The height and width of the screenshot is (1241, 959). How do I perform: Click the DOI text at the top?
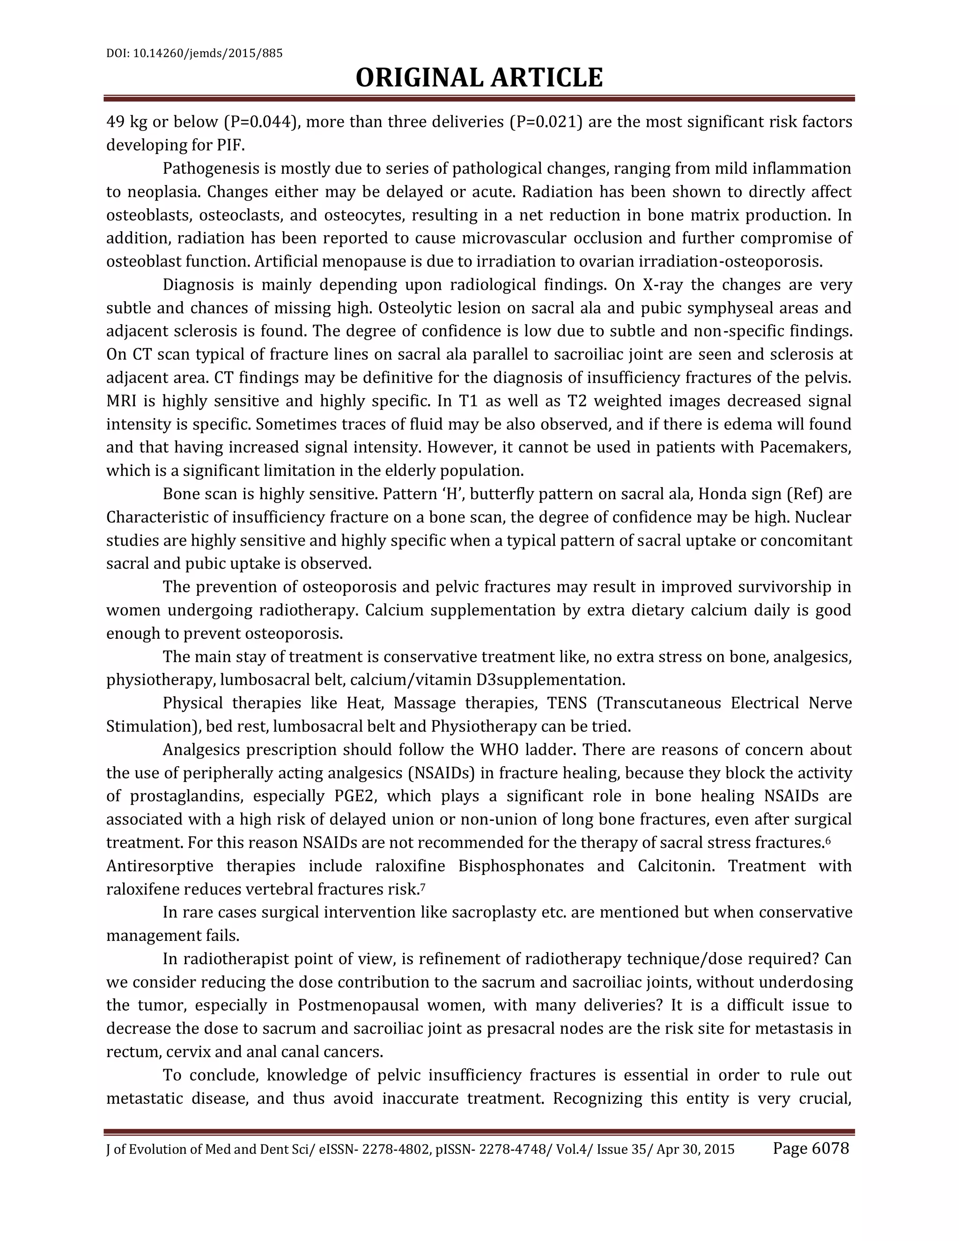point(194,54)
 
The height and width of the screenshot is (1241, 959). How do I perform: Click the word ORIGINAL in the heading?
point(420,78)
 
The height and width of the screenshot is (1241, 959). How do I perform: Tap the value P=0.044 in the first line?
point(261,122)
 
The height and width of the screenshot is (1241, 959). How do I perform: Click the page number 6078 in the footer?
point(830,1148)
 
